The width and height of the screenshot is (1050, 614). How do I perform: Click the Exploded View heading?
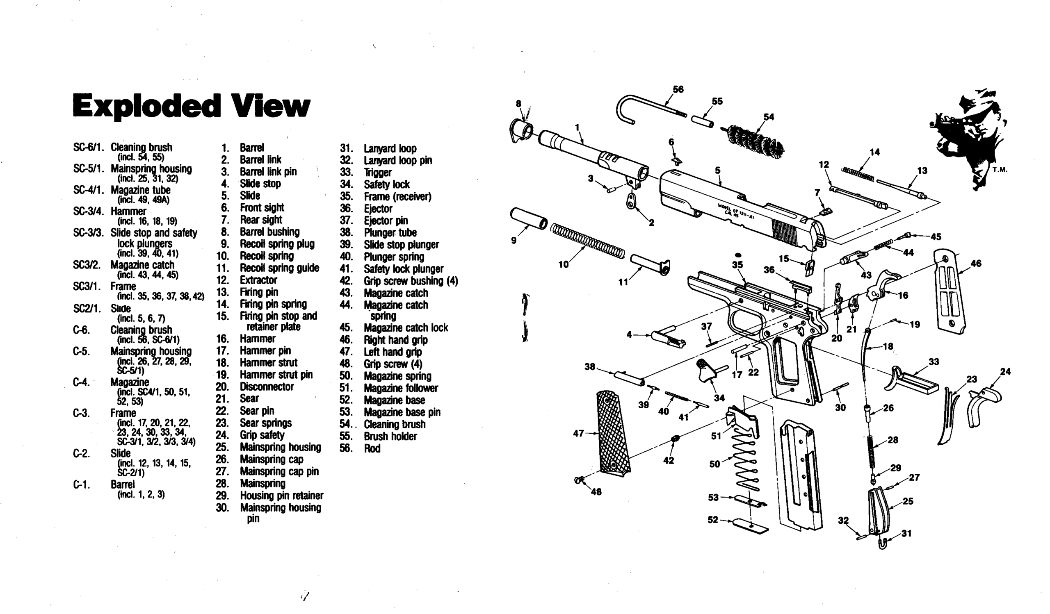tap(191, 106)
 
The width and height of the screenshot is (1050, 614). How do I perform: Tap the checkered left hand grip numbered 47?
tap(613, 433)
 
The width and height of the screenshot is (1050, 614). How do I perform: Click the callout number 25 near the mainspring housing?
tap(908, 501)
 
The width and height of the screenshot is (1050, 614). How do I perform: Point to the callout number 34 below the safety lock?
tap(719, 398)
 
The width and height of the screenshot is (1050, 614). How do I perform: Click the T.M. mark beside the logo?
tap(1000, 170)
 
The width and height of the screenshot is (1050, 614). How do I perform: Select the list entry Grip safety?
tap(262, 435)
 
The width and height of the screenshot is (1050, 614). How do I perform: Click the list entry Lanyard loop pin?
tap(397, 160)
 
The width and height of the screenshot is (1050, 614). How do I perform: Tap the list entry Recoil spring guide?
tap(279, 268)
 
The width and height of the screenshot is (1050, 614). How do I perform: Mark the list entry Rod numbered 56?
tap(372, 448)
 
